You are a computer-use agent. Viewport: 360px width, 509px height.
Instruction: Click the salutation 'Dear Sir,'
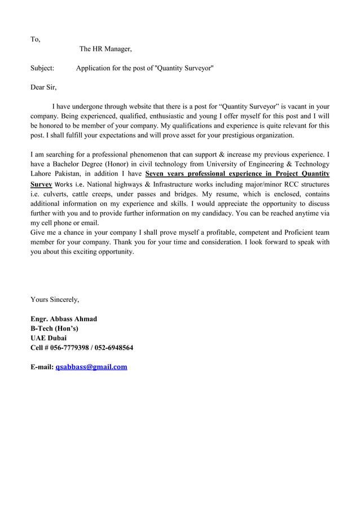(x=43, y=87)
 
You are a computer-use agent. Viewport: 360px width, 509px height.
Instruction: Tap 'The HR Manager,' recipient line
(x=106, y=49)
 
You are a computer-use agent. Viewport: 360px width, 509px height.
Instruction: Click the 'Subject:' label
(x=42, y=68)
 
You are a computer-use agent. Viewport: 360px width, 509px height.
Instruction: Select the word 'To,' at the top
(x=35, y=40)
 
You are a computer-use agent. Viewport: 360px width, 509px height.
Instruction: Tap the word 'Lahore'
(x=42, y=174)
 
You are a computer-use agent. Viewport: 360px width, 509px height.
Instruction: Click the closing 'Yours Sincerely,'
(x=55, y=299)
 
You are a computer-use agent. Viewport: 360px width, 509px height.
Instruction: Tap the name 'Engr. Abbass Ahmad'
(x=63, y=319)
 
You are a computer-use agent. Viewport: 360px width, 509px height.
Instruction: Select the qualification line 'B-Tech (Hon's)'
(x=54, y=328)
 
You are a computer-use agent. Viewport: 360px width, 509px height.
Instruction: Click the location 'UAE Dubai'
(x=49, y=338)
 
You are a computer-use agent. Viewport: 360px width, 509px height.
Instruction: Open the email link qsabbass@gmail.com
(x=91, y=367)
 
